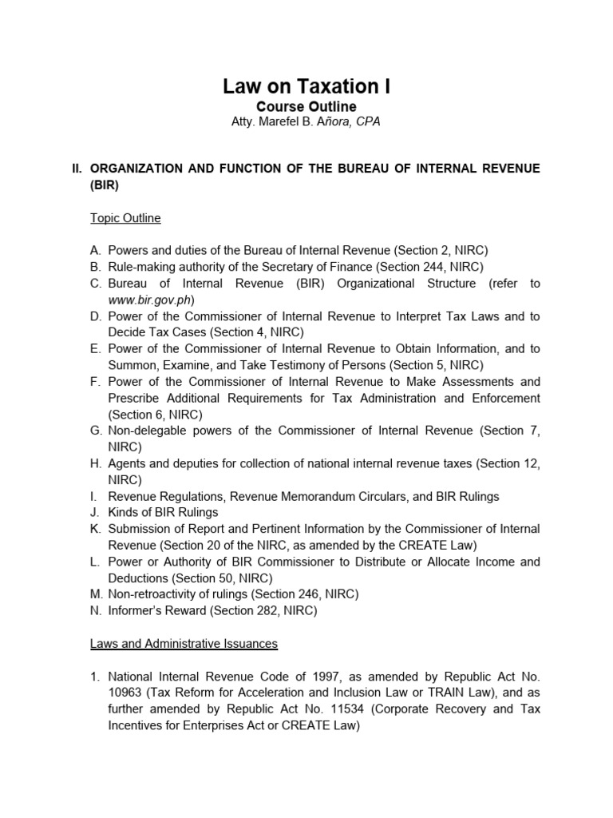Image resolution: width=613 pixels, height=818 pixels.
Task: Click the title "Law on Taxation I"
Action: click(306, 86)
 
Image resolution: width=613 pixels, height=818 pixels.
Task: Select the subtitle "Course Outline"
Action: click(306, 106)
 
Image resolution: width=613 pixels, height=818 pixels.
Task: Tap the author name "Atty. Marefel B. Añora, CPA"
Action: click(306, 121)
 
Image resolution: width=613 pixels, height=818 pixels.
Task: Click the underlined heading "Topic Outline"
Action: click(125, 217)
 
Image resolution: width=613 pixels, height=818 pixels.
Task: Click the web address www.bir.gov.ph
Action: click(151, 300)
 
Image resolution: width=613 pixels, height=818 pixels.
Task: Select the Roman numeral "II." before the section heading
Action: click(77, 168)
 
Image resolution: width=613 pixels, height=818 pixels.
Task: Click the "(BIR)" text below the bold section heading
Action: click(105, 185)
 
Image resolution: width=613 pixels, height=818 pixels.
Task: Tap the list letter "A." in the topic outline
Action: click(96, 250)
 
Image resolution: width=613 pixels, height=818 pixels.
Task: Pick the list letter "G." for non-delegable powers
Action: click(97, 431)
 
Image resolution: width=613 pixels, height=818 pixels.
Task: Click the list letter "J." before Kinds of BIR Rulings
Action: click(95, 512)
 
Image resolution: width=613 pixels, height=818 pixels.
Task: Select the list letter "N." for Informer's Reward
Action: click(96, 610)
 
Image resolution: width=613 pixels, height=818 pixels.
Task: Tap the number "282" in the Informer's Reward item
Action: click(265, 610)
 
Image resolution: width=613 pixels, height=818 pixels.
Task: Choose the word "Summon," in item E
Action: click(132, 365)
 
